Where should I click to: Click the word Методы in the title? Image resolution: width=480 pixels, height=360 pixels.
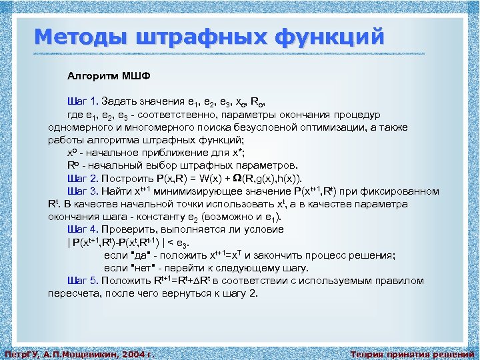point(73,37)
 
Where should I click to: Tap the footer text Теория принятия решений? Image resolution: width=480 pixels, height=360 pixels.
point(413,354)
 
